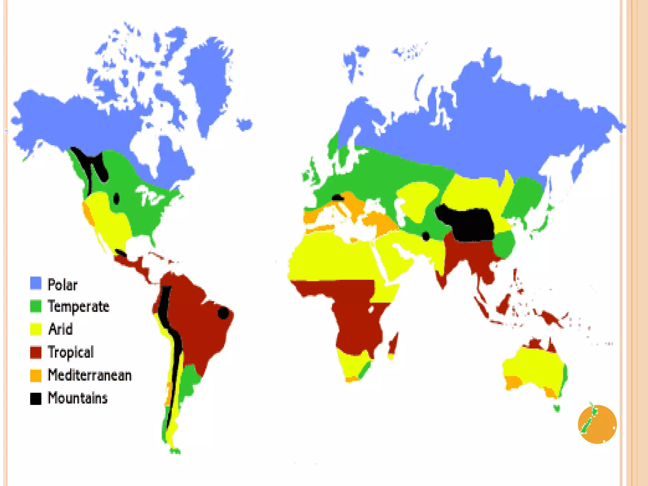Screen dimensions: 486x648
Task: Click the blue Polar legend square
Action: point(36,283)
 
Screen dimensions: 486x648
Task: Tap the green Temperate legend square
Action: point(36,306)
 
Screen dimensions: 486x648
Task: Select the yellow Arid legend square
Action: point(36,329)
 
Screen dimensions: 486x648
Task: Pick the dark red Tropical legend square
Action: point(36,352)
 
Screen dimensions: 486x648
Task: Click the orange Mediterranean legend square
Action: point(36,375)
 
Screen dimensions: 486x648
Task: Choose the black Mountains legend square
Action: point(36,398)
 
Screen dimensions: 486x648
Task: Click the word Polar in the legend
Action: point(62,285)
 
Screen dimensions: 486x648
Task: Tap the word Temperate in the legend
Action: point(78,307)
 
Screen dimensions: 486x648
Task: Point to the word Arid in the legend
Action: point(60,329)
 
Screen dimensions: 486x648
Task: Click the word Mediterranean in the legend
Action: point(90,375)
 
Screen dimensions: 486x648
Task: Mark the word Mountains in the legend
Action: point(78,398)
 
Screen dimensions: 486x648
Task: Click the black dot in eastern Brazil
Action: point(223,313)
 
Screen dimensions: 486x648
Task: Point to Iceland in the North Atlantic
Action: point(245,124)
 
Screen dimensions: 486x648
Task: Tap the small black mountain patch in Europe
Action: point(337,198)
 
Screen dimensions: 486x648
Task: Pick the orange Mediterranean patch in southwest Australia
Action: point(513,382)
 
